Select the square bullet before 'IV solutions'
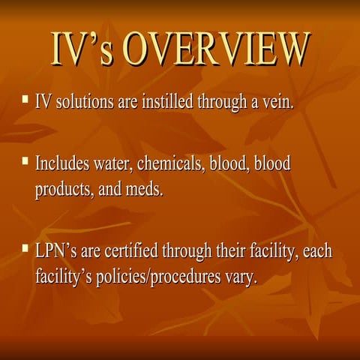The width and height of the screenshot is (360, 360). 26,99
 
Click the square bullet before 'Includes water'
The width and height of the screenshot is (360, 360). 26,161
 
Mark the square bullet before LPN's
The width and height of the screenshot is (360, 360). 26,246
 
